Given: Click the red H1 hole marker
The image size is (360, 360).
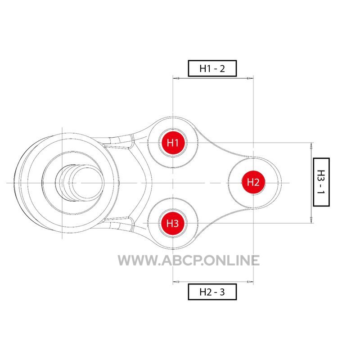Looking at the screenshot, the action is pos(173,143).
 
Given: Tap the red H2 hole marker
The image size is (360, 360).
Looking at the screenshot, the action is pos(253,183).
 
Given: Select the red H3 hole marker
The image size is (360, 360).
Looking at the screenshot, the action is pos(173,223).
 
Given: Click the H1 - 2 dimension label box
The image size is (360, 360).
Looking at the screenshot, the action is pos(212,68).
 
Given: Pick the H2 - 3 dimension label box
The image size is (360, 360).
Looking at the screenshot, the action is pos(212,292).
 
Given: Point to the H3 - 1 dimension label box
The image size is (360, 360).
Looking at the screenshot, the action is pos(321,182).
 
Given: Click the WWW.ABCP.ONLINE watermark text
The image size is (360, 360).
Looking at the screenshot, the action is pos(189,261).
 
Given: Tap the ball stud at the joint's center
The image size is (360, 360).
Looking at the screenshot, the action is pos(80,183).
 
